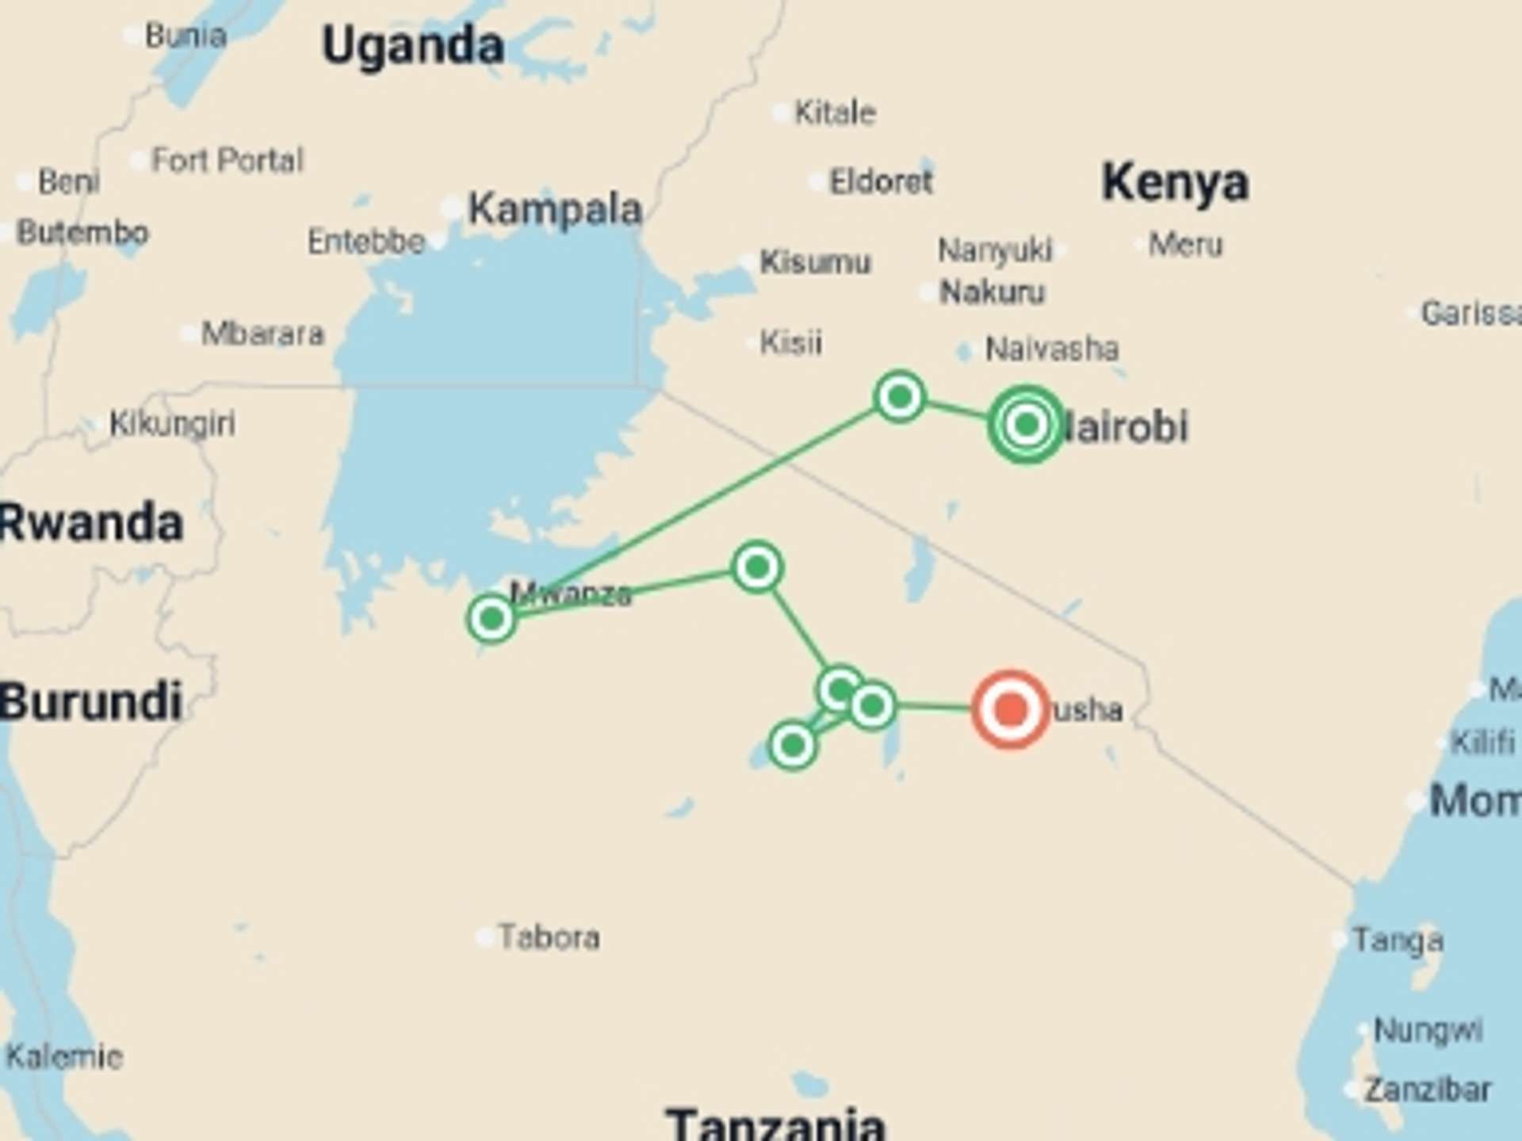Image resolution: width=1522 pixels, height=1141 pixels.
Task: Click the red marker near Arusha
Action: point(1011,709)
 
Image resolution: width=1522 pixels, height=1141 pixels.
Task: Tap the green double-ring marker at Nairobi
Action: point(1027,425)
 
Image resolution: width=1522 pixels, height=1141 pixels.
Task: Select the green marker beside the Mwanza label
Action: point(491,618)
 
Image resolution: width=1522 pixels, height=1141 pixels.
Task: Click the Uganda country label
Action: point(413,45)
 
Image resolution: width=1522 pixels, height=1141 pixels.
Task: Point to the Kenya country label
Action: point(1175,183)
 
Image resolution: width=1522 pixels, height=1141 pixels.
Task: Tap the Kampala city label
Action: point(555,210)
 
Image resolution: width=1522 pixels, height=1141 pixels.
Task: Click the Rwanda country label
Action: point(91,524)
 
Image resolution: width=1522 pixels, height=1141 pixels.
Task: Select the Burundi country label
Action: point(91,702)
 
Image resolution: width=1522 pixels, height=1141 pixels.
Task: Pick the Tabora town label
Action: point(549,937)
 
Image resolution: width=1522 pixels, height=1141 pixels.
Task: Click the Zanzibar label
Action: point(1427,1090)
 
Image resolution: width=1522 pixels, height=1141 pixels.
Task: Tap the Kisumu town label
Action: point(815,261)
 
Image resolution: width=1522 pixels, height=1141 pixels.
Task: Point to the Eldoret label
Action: point(881,182)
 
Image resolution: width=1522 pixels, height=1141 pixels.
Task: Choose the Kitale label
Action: point(836,113)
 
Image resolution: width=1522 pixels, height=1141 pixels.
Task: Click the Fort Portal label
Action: point(228,161)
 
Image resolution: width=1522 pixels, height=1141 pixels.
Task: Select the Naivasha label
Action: point(1052,349)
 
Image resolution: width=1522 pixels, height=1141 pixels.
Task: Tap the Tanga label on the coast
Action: point(1398,941)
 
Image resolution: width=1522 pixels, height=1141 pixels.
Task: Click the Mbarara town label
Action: point(262,334)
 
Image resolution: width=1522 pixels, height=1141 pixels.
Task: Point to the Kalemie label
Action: point(64,1056)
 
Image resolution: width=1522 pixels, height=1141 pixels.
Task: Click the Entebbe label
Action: point(366,242)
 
